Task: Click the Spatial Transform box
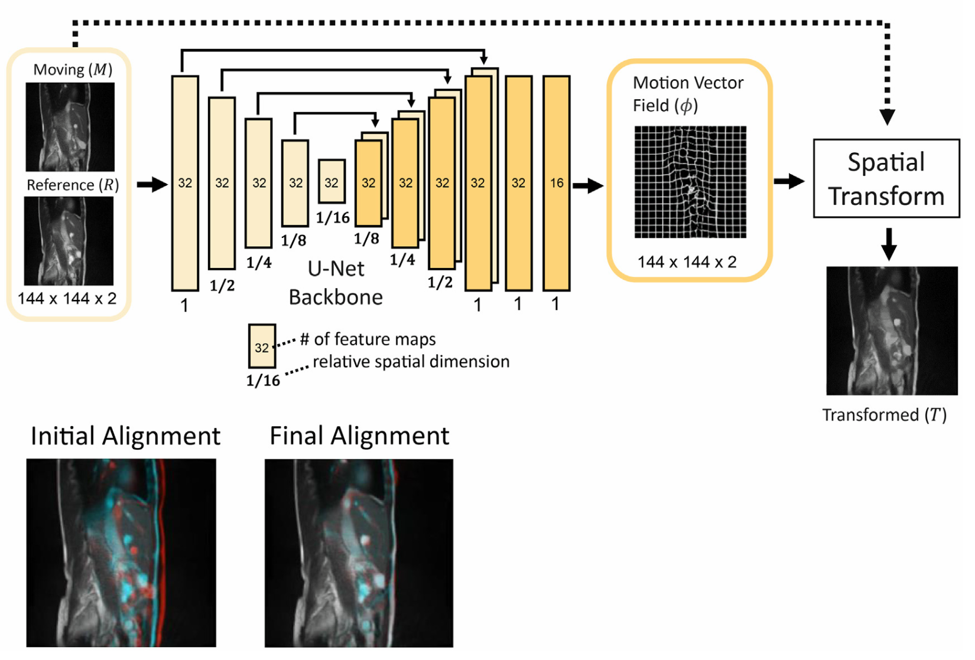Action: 886,178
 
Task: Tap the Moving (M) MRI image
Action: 70,127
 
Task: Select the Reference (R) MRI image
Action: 69,241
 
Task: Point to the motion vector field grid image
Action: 690,182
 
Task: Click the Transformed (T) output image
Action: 892,331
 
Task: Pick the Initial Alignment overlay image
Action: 121,553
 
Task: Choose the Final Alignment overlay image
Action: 359,553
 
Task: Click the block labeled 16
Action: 556,183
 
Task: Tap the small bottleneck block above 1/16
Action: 331,182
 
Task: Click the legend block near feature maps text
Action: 262,346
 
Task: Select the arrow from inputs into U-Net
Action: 152,184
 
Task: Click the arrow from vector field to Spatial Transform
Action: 789,181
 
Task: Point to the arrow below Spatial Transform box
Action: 888,244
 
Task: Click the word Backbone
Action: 336,297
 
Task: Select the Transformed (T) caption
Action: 884,415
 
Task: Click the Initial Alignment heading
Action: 125,436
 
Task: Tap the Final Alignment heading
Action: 359,436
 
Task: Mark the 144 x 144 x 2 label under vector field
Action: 687,262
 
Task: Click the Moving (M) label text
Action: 73,70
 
